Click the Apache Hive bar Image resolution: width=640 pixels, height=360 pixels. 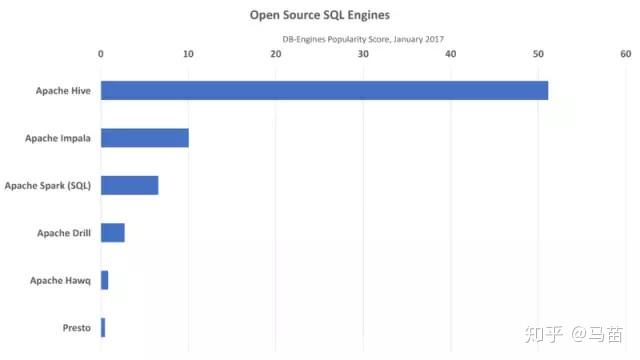point(324,90)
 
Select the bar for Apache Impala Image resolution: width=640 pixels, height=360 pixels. point(145,137)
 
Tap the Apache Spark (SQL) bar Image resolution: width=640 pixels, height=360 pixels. point(130,185)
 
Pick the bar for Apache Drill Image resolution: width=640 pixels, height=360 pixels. point(113,232)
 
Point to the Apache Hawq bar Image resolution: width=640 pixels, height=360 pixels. point(104,280)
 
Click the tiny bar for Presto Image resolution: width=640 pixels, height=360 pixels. point(103,327)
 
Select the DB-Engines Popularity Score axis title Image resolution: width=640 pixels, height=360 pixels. point(363,39)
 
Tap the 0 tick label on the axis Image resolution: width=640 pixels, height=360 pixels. point(101,54)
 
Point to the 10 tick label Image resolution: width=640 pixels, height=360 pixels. point(188,54)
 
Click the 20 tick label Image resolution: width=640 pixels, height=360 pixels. point(276,54)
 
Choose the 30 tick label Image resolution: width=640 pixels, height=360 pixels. point(364,54)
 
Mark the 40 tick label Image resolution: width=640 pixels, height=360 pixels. point(451,54)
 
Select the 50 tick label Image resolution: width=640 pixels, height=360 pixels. point(539,54)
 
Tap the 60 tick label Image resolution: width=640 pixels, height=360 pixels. point(626,54)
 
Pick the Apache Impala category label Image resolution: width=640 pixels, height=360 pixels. point(58,138)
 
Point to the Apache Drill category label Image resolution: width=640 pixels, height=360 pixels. point(64,233)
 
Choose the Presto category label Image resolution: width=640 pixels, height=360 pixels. point(76,328)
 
